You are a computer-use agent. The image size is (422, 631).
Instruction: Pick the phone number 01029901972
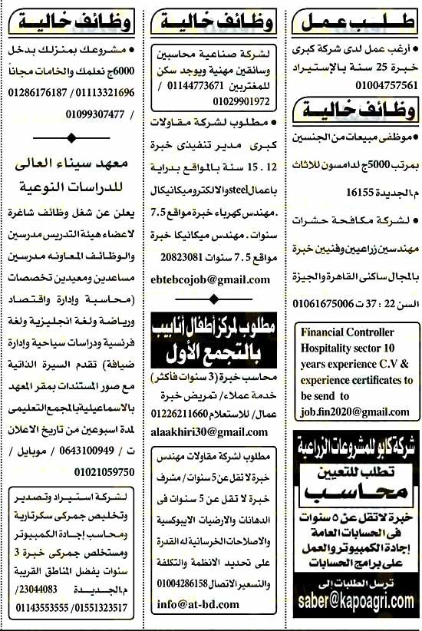241,101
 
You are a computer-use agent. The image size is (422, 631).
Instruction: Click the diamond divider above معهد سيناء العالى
71,138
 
